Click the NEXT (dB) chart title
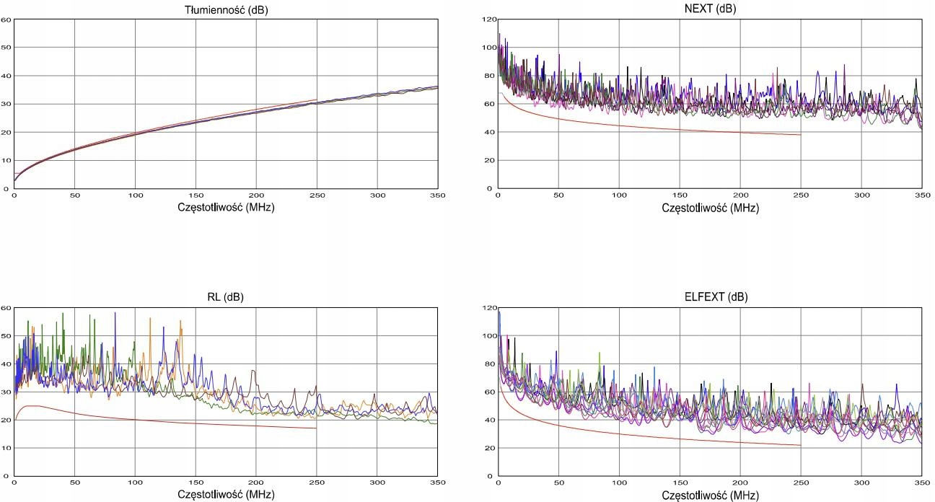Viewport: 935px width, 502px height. pyautogui.click(x=709, y=9)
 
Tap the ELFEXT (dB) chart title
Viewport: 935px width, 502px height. pyautogui.click(x=709, y=297)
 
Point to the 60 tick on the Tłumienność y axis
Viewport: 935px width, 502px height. pyautogui.click(x=6, y=19)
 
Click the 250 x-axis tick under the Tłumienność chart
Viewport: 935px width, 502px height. pyautogui.click(x=316, y=195)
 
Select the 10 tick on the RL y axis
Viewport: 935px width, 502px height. pyautogui.click(x=6, y=448)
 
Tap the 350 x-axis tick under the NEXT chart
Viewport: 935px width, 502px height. pyautogui.click(x=921, y=195)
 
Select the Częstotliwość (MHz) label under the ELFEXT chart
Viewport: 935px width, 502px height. pyautogui.click(x=709, y=496)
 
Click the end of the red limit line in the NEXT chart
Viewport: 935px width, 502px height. pyautogui.click(x=800, y=135)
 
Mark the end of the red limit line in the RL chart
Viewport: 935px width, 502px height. pyautogui.click(x=316, y=428)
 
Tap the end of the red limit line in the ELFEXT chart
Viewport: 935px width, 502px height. pyautogui.click(x=800, y=445)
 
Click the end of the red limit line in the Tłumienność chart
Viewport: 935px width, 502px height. pyautogui.click(x=316, y=100)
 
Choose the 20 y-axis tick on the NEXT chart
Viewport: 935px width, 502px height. pyautogui.click(x=489, y=160)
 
